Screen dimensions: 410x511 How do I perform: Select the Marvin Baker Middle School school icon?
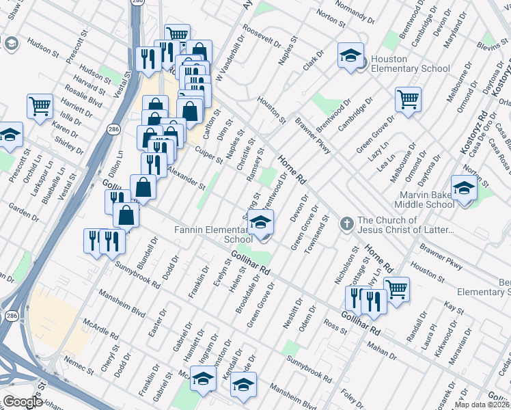coord(464,187)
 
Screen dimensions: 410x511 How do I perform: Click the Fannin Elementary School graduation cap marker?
coord(260,223)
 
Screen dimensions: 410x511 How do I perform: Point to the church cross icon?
coord(346,222)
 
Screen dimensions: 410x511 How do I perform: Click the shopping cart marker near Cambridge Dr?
coord(408,100)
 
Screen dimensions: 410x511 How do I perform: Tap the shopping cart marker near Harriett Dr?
coord(40,106)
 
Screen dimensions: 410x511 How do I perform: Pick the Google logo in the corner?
coord(23,402)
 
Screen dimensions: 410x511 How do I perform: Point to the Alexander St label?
coord(186,177)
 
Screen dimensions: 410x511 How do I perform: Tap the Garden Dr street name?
coord(24,214)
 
